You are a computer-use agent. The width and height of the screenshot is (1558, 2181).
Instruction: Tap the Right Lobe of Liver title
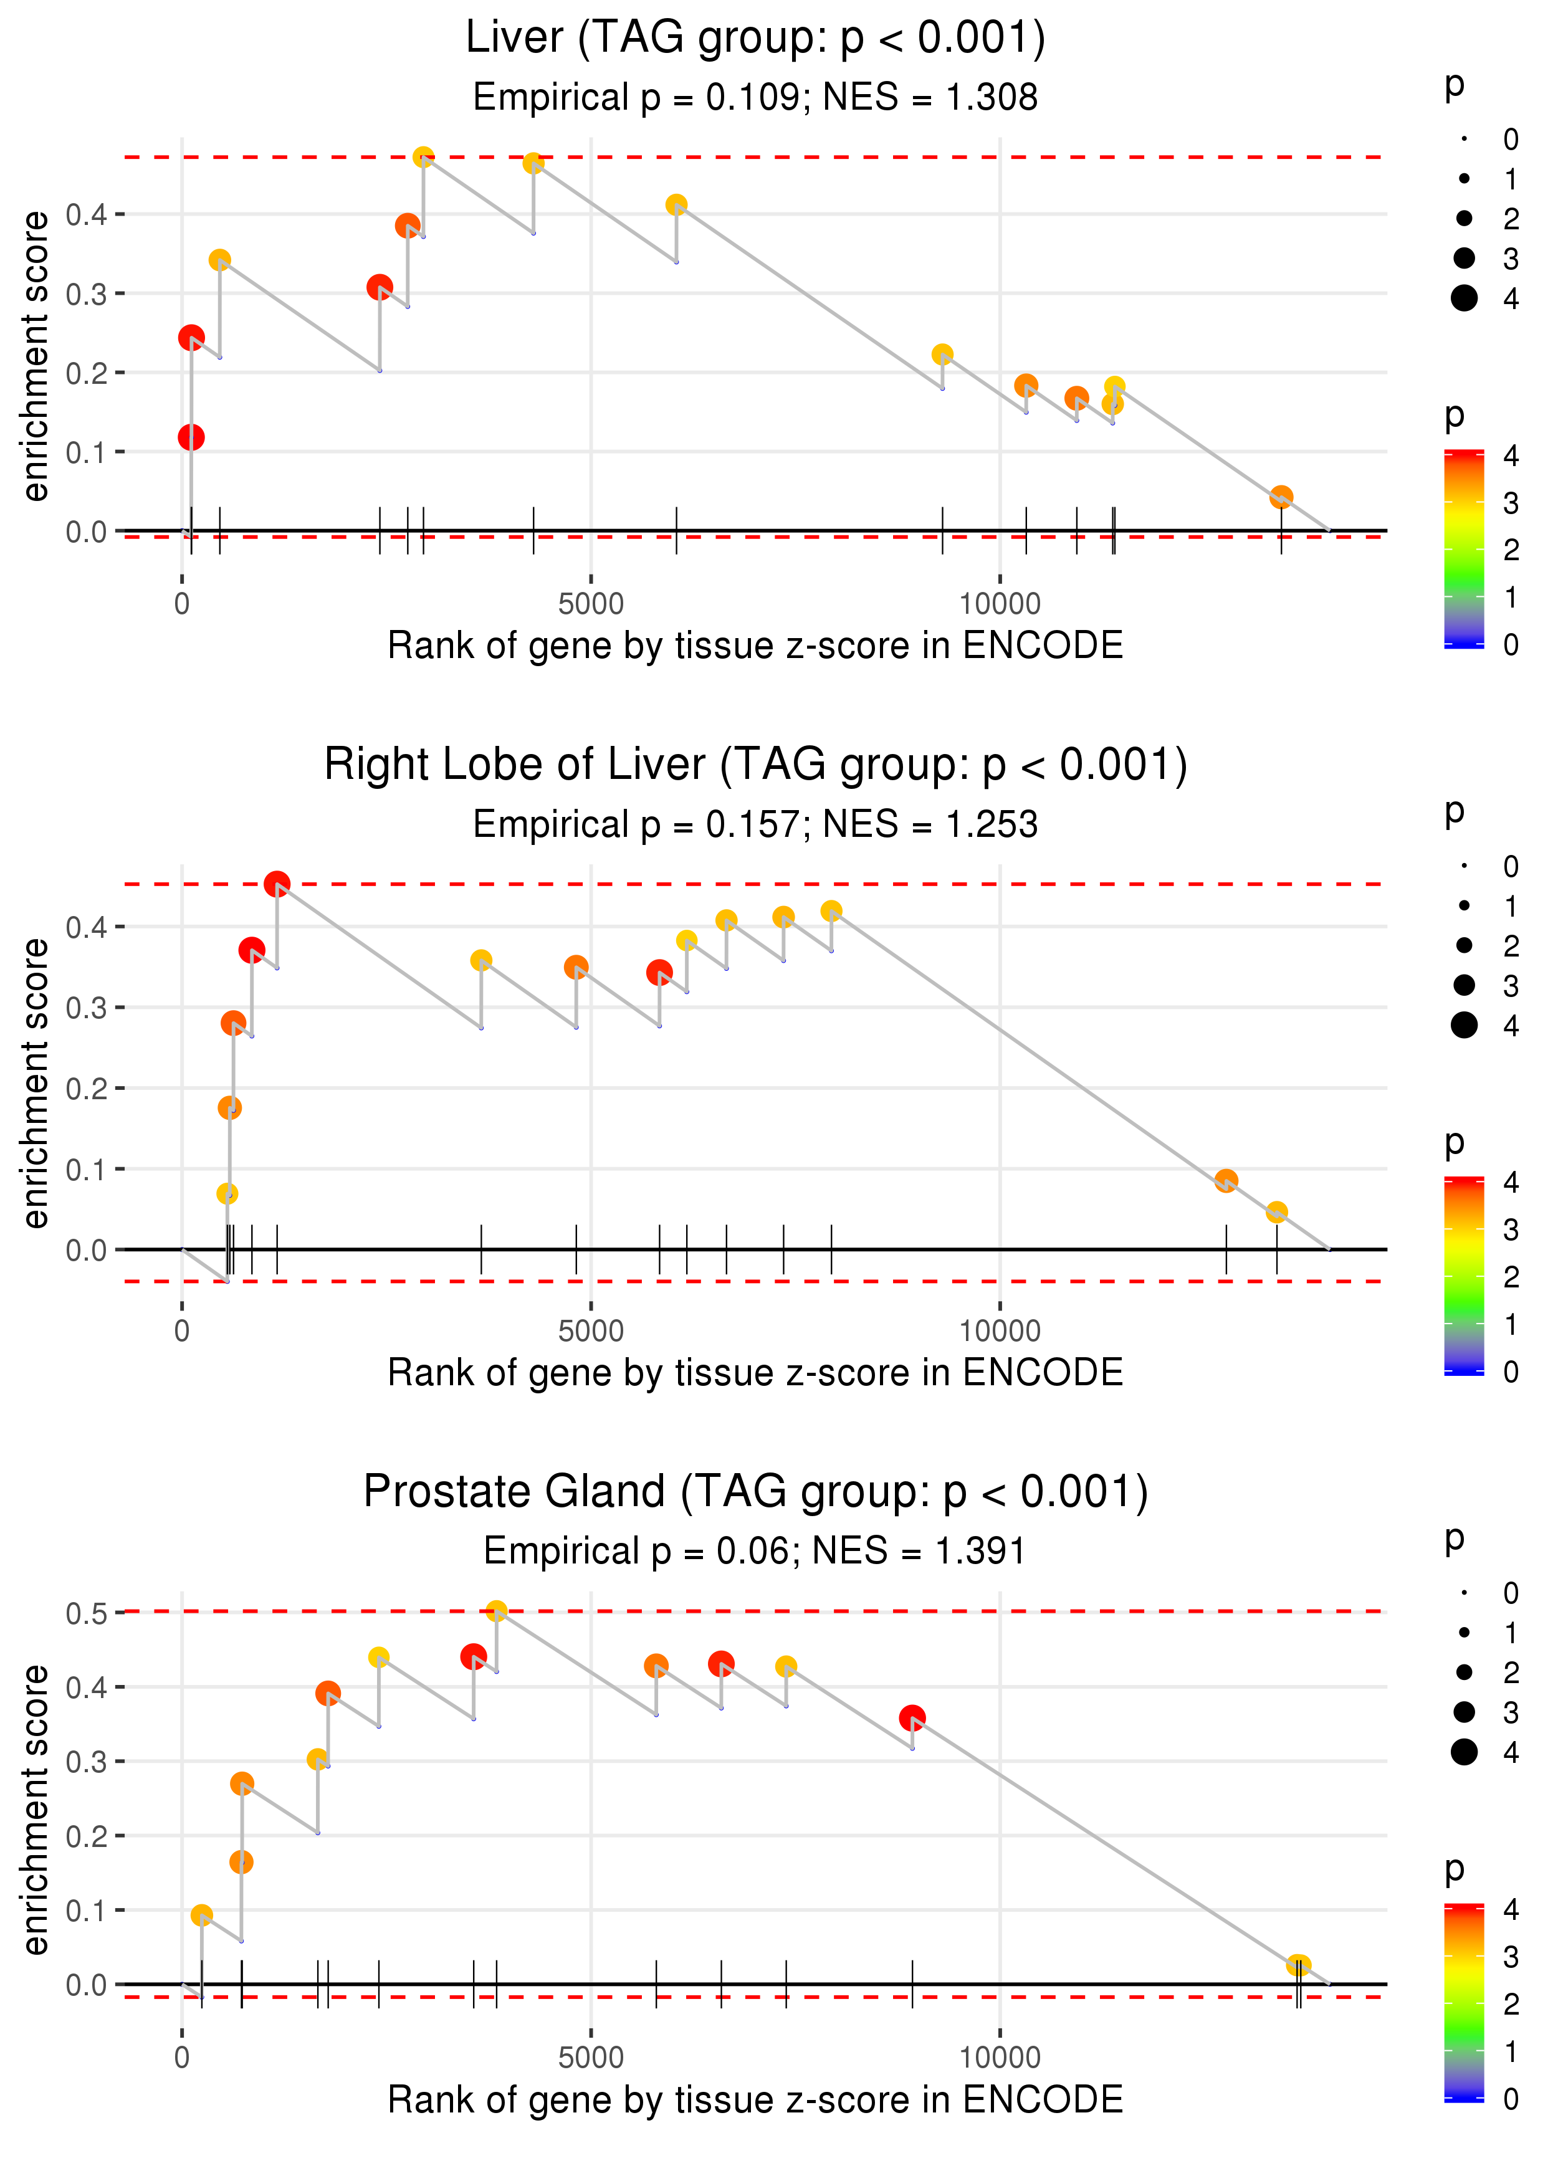coord(755,765)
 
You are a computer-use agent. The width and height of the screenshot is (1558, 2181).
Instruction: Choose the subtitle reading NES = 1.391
coord(755,1551)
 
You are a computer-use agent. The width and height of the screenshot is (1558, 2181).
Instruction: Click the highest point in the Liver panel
coord(423,157)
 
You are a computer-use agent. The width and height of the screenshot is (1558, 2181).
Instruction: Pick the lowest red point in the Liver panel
coord(191,437)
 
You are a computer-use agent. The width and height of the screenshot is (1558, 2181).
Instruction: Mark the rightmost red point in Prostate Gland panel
coord(912,1717)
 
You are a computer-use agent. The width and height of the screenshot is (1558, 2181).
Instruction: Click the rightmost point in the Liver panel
coord(1281,497)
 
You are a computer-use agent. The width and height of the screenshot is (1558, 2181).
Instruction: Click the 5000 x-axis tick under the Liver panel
coord(591,604)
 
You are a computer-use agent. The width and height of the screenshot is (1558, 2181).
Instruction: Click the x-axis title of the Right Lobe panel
coord(755,1373)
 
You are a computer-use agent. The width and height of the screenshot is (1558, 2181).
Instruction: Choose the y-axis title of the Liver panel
coord(36,356)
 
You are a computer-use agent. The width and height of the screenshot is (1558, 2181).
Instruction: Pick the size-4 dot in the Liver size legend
coord(1464,298)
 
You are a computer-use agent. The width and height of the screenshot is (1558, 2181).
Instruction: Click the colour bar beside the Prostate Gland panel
coord(1464,2003)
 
